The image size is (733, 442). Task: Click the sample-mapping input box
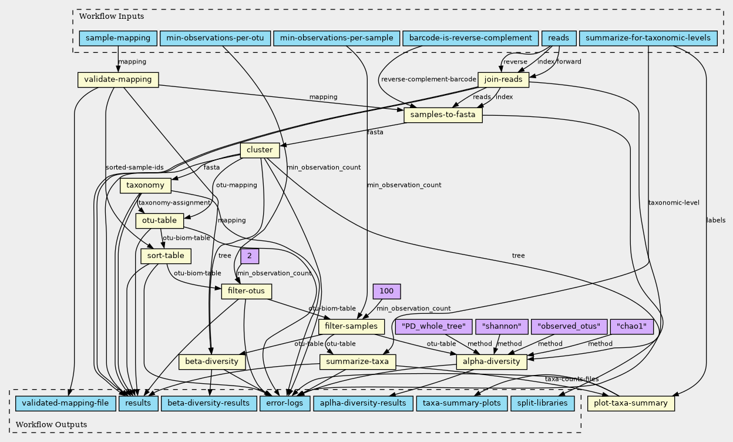coord(118,39)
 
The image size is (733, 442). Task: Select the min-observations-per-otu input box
coord(215,39)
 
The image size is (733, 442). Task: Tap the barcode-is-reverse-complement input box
coord(470,39)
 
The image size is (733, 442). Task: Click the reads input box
coord(558,39)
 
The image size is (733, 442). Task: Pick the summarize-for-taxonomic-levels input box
coord(648,39)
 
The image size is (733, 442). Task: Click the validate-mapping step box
coord(118,79)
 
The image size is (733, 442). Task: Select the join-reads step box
coord(504,79)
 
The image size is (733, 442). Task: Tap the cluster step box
coord(260,150)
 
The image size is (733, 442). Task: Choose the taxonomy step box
coord(145,186)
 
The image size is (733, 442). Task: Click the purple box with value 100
coord(386,292)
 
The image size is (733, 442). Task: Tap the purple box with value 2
coord(250,256)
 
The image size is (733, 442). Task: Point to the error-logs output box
coord(285,403)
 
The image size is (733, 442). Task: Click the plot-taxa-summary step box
coord(631,403)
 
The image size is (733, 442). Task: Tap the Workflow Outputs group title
coord(52,424)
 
